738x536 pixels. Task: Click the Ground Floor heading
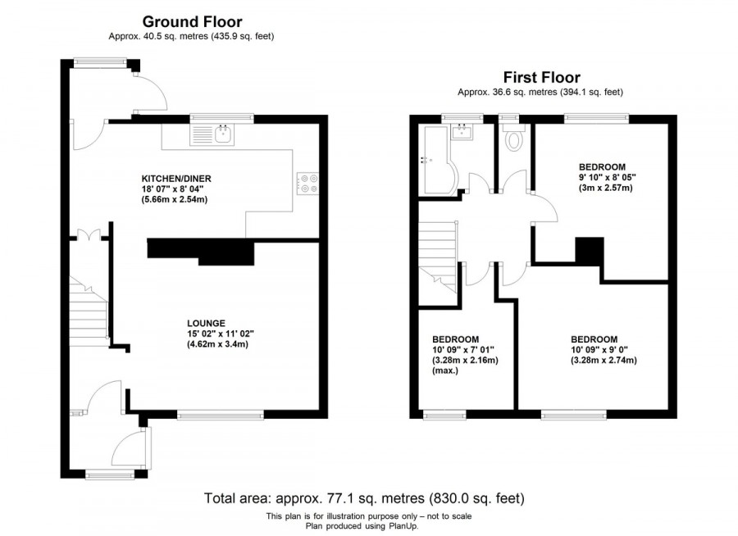192,22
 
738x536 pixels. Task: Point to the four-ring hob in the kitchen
308,184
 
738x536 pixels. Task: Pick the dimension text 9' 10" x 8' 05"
608,176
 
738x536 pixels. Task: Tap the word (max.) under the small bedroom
445,370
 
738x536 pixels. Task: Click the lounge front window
221,416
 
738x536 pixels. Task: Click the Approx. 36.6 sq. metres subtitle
544,93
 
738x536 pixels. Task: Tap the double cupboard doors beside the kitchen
89,236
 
